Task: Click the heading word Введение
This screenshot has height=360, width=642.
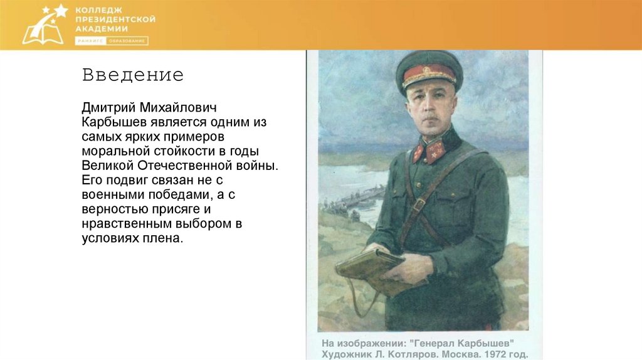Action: pos(132,76)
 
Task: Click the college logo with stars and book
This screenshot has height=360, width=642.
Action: pos(44,25)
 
